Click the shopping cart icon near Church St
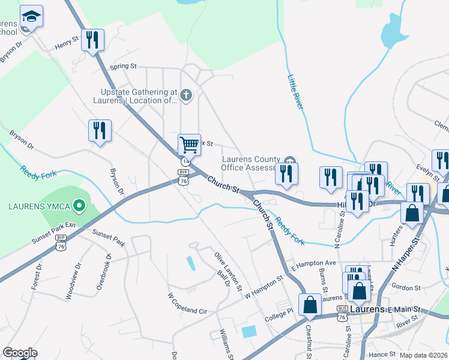[188, 144]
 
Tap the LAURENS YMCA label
[39, 208]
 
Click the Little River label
[295, 92]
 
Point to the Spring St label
[124, 66]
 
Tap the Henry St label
[67, 43]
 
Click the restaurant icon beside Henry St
[92, 40]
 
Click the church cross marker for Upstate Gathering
[187, 95]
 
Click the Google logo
[20, 353]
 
